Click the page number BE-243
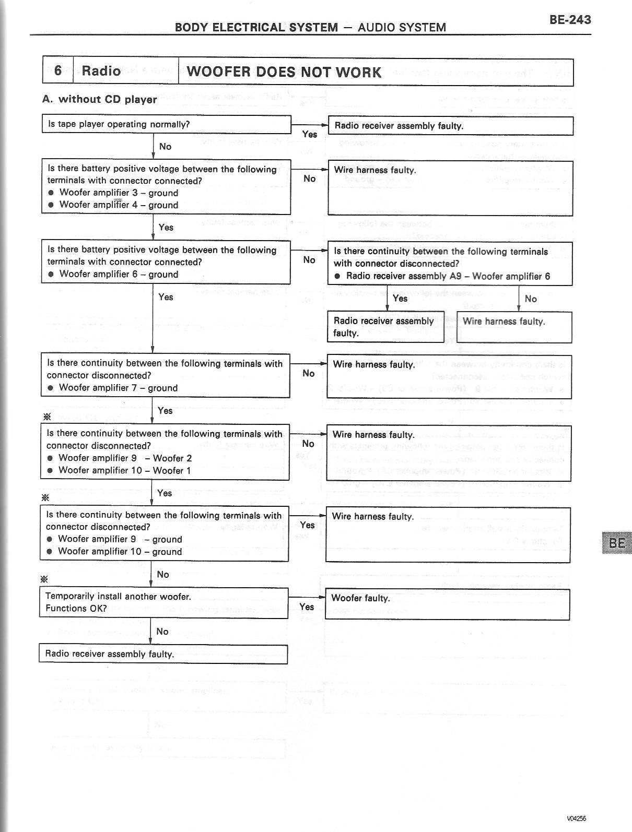pyautogui.click(x=570, y=20)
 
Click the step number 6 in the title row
pyautogui.click(x=58, y=70)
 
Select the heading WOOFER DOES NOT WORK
pyautogui.click(x=284, y=72)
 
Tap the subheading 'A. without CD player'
pyautogui.click(x=99, y=99)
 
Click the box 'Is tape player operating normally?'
pyautogui.click(x=166, y=124)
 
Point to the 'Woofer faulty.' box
pyautogui.click(x=447, y=604)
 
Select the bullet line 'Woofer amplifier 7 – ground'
pyautogui.click(x=118, y=388)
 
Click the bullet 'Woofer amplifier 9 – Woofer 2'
pyautogui.click(x=125, y=458)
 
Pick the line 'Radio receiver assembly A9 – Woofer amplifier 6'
pyautogui.click(x=448, y=276)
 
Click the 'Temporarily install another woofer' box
pyautogui.click(x=163, y=602)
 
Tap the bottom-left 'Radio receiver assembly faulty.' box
pyautogui.click(x=163, y=654)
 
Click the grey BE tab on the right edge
pyautogui.click(x=616, y=543)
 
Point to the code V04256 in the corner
pyautogui.click(x=579, y=818)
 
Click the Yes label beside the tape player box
pyautogui.click(x=310, y=134)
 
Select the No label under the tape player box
pyautogui.click(x=165, y=147)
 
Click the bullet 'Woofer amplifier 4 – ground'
pyautogui.click(x=119, y=205)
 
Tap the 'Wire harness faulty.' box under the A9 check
pyautogui.click(x=514, y=327)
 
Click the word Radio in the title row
pyautogui.click(x=101, y=70)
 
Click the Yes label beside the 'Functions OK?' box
pyautogui.click(x=307, y=607)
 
